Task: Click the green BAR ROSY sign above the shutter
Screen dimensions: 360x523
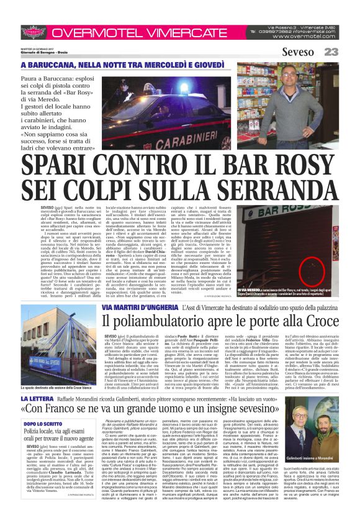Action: (x=286, y=217)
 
